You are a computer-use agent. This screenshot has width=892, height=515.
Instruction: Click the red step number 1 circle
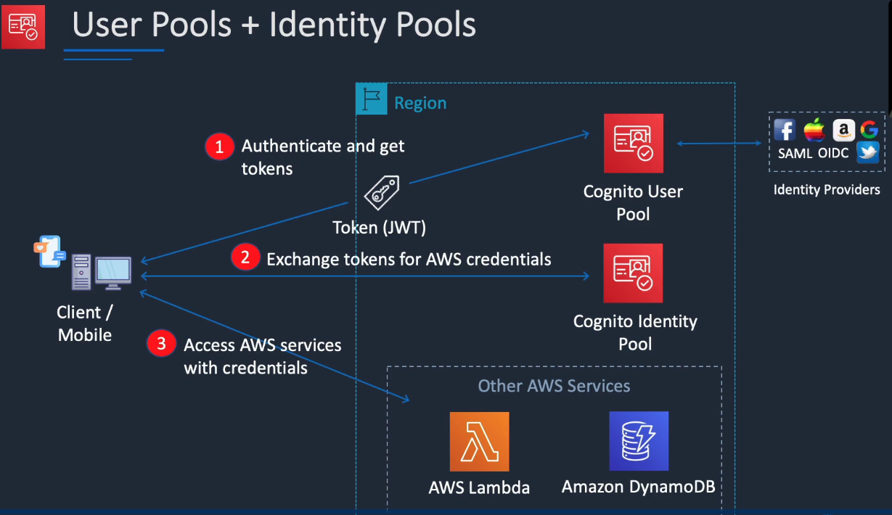click(219, 147)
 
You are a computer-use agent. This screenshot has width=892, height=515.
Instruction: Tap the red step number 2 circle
click(245, 257)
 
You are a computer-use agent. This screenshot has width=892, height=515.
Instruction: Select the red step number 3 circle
click(161, 343)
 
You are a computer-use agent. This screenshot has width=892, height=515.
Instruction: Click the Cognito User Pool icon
click(634, 144)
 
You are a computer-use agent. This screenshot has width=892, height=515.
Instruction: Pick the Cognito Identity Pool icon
click(633, 273)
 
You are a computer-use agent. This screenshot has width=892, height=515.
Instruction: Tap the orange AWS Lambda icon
click(480, 441)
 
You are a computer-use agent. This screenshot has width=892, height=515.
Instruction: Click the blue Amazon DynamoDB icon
click(639, 441)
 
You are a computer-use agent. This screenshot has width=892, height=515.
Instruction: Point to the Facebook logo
click(785, 130)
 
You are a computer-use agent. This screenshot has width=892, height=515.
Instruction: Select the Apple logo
click(814, 129)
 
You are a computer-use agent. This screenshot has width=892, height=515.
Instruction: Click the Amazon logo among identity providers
click(844, 130)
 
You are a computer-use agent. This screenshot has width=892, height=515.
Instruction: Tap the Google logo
click(870, 129)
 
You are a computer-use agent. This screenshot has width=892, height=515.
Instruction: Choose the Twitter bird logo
click(868, 152)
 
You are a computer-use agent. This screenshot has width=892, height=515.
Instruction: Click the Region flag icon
click(372, 99)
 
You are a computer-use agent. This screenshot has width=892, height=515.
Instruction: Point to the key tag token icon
click(382, 193)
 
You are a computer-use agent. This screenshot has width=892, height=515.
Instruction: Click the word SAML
click(795, 153)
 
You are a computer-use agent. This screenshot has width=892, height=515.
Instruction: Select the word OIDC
click(833, 153)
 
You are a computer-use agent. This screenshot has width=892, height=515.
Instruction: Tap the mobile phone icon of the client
click(50, 252)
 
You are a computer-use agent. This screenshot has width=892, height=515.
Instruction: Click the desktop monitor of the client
click(113, 273)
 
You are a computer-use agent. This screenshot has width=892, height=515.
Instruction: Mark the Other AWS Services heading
click(554, 386)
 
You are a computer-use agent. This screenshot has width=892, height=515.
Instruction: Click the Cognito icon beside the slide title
click(23, 26)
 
